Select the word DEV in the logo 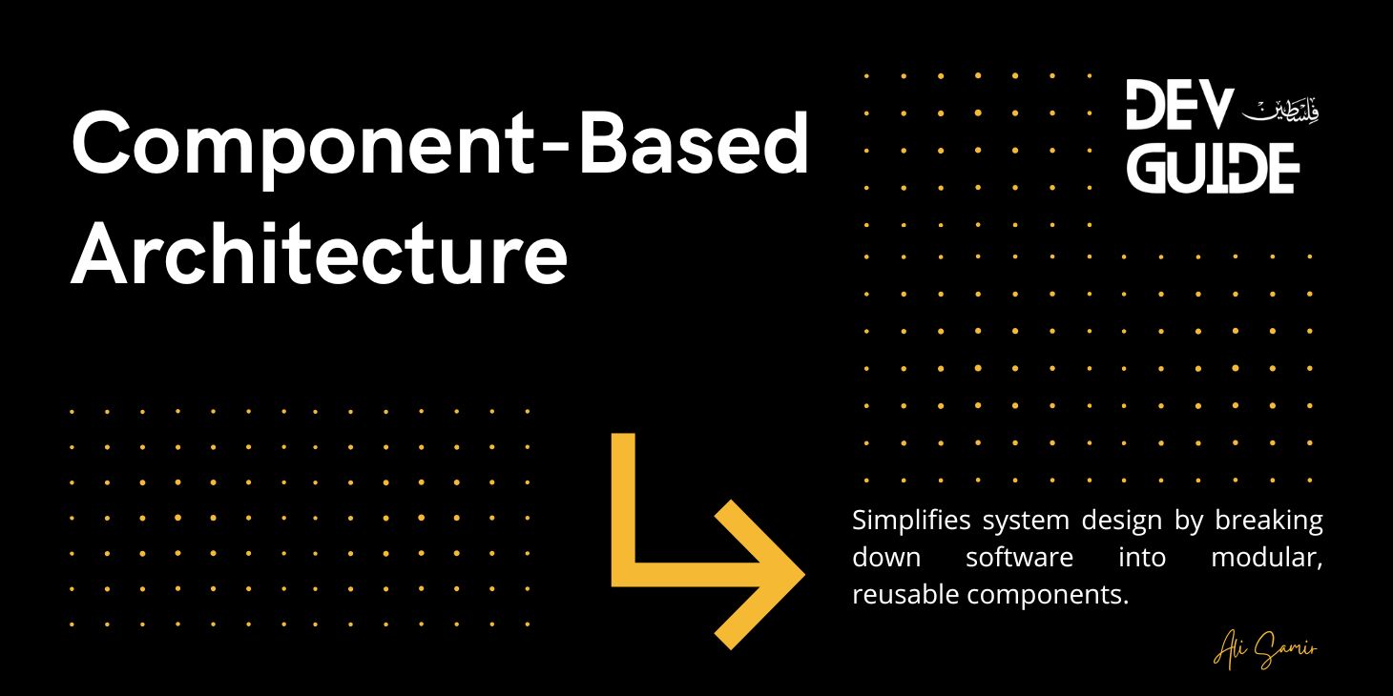pos(1179,106)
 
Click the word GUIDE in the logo pos(1212,169)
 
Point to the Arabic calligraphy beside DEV pos(1281,110)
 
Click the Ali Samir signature pos(1265,651)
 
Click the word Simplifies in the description pos(911,521)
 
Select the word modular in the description pos(1266,557)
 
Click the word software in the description pos(1019,557)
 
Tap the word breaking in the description pos(1269,521)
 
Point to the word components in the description pos(1047,595)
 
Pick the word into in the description pos(1142,557)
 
